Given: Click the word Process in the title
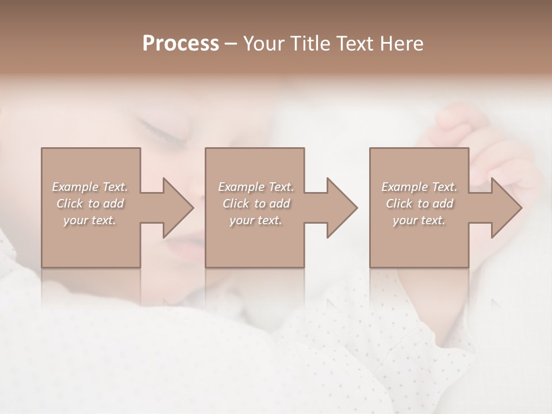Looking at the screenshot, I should tap(181, 43).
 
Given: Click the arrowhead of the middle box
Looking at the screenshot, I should tap(341, 208).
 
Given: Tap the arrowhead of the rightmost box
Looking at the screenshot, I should tap(505, 208).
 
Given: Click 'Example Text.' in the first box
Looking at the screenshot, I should tap(90, 187).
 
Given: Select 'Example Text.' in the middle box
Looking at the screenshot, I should tap(256, 187).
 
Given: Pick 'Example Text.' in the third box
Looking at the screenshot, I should tap(419, 187).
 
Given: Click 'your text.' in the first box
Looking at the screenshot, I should tap(90, 220).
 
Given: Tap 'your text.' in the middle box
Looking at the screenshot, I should tap(256, 220).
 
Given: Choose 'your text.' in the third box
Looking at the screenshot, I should tap(419, 220).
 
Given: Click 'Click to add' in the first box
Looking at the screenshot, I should tap(90, 204).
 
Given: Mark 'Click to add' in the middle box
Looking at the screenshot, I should tap(256, 204).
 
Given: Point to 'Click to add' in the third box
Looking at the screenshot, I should tap(419, 204).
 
